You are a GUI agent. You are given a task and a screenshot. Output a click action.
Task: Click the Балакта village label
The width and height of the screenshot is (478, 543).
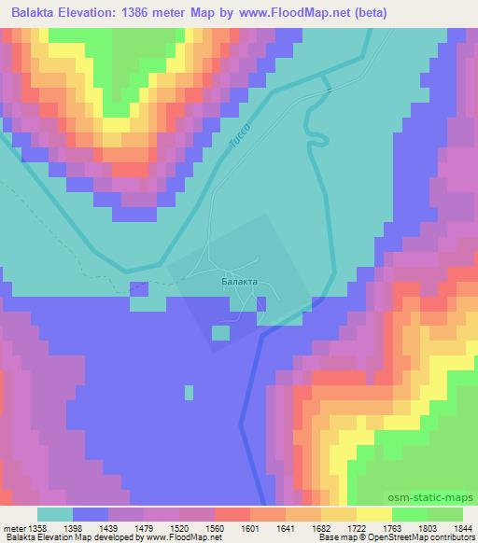(x=238, y=278)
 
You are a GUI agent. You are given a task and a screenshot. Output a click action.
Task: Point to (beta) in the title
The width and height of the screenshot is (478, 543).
(x=366, y=12)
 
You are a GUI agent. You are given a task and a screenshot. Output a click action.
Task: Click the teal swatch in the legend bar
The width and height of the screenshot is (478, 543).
(x=54, y=514)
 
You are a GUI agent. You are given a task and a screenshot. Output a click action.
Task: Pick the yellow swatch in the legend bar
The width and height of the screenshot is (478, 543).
(x=374, y=514)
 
